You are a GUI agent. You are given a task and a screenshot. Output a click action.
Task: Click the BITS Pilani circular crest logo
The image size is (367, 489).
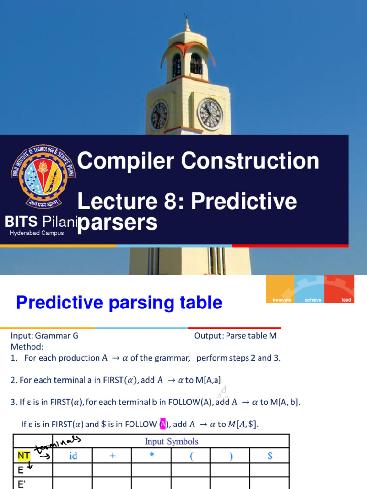[x=43, y=177]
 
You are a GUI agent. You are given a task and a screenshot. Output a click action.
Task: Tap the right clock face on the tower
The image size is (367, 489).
[x=210, y=115]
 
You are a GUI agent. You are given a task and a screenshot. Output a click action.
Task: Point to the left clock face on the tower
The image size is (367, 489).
[x=160, y=116]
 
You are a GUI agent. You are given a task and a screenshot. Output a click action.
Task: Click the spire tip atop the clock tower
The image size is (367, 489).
[x=185, y=14]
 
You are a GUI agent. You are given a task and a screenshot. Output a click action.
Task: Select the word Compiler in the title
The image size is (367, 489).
[x=126, y=161]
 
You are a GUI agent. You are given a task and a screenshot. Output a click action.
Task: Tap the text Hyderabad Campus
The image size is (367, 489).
[x=36, y=233]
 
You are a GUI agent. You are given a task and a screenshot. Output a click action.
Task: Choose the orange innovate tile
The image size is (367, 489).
[x=280, y=289]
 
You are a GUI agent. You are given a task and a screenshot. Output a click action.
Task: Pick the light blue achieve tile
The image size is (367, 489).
[x=310, y=289]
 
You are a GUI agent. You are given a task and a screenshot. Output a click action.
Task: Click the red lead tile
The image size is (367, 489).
[x=339, y=289]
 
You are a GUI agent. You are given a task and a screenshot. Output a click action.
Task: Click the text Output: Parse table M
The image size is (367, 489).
[x=235, y=336]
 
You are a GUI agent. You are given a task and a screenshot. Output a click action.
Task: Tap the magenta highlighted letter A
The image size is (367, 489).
[x=162, y=424]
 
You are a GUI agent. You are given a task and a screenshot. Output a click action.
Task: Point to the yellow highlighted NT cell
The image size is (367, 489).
[x=23, y=456]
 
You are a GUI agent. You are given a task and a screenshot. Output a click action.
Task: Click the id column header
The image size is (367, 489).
[x=73, y=456]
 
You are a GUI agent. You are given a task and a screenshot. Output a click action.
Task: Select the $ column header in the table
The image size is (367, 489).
[x=270, y=456]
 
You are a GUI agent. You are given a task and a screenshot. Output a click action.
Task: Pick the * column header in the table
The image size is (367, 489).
[x=152, y=455]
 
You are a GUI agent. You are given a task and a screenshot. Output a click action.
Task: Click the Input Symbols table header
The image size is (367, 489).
[x=172, y=441]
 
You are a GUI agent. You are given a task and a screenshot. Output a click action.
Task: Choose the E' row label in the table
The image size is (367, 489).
[x=22, y=484]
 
